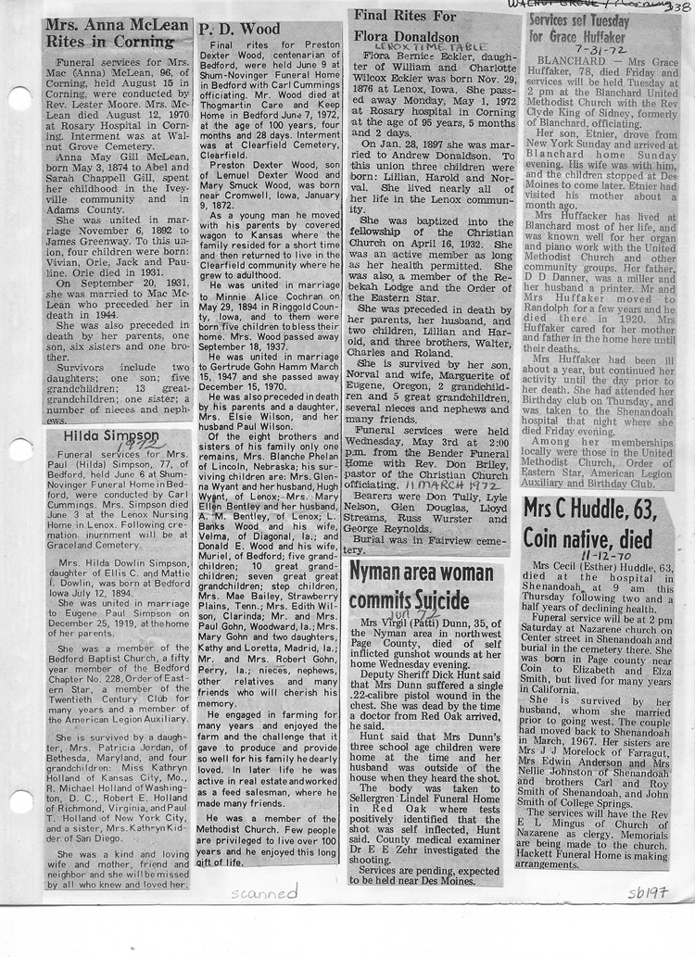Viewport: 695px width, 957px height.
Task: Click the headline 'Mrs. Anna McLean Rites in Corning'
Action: pos(116,33)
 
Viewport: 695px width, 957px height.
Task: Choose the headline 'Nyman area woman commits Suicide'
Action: pos(422,587)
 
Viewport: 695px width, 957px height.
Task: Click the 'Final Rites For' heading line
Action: pos(400,16)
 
